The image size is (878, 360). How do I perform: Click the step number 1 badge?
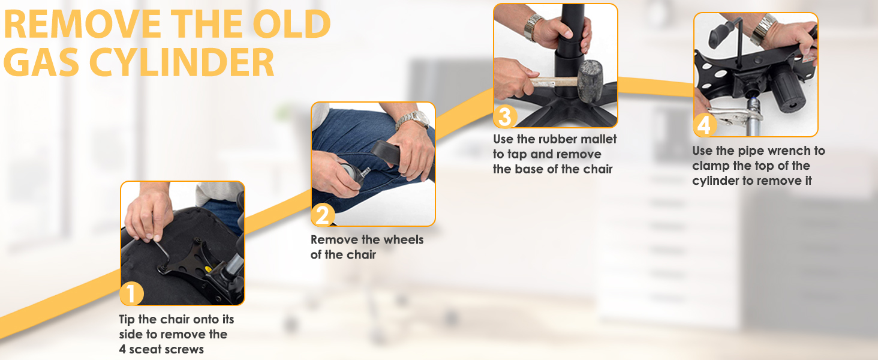click(131, 294)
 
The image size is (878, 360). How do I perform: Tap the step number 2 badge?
click(323, 215)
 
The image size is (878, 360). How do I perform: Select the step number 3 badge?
click(504, 116)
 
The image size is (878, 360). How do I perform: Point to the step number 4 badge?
click(704, 125)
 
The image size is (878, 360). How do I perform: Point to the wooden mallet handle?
click(552, 83)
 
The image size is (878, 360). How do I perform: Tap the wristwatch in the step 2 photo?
click(413, 119)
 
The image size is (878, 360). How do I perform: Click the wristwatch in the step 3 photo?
click(533, 25)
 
